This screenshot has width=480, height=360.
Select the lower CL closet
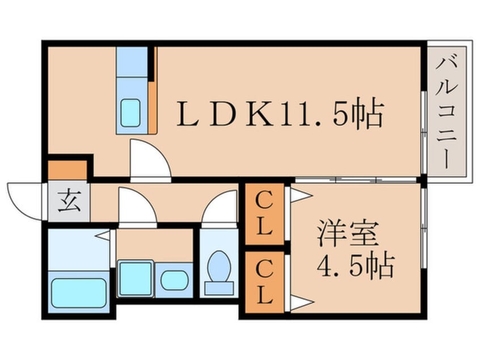coord(264,282)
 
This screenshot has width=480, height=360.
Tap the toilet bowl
coord(218,269)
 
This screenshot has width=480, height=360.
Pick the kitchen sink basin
coord(133,112)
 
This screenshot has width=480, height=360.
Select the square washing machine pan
coord(135,278)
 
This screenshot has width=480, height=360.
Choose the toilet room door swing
coord(220,208)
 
